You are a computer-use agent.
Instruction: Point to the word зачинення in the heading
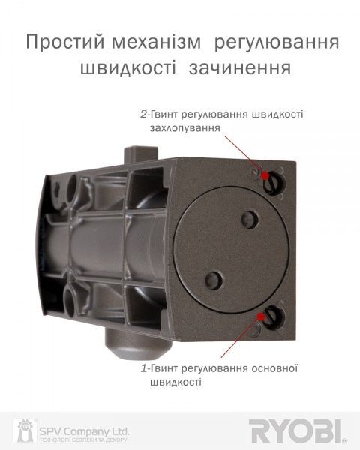point(242,69)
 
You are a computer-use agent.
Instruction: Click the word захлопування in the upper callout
point(185,128)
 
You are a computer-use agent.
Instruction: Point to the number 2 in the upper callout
point(143,114)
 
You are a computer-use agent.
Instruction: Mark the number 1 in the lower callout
point(143,368)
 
